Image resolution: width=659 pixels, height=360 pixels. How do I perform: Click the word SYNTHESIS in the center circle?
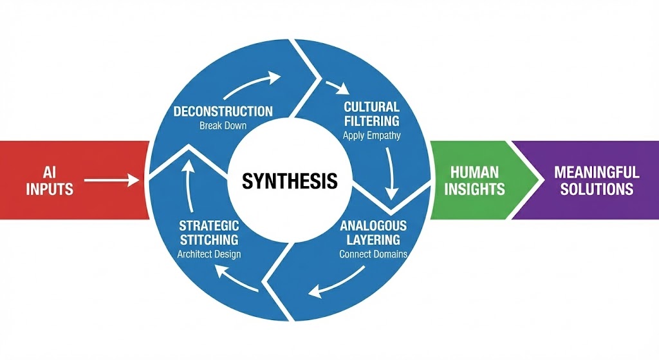(290, 181)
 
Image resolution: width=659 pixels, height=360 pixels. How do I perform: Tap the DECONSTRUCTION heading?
(223, 111)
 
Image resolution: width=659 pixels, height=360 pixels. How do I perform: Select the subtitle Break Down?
(223, 126)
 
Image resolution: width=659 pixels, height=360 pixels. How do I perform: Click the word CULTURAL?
(371, 107)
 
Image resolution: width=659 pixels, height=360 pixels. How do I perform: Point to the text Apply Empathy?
(371, 135)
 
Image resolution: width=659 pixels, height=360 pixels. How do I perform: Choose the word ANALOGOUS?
(373, 226)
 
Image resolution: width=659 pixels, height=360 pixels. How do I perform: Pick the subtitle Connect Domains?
(373, 254)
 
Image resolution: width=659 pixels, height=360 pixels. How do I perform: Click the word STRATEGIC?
(209, 226)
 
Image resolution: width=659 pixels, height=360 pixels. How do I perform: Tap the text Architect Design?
(209, 254)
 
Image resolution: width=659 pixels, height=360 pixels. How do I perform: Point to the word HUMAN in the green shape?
(474, 173)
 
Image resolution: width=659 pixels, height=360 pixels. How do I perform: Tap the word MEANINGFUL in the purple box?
(596, 173)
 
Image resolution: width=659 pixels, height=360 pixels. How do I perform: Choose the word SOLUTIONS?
(596, 189)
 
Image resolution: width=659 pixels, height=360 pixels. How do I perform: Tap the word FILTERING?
(371, 120)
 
